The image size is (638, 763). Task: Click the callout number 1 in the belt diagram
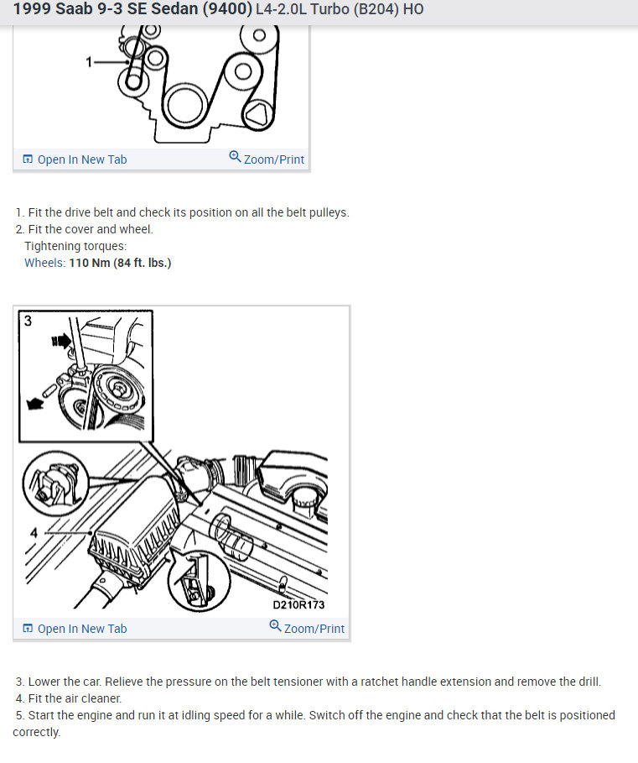(90, 61)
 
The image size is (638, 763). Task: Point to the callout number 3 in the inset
(28, 321)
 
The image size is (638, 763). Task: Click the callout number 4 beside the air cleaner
(34, 531)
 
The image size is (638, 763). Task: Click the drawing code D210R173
(298, 604)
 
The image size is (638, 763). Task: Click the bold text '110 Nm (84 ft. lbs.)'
(120, 263)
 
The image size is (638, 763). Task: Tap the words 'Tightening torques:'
(75, 246)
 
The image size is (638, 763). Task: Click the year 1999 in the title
(31, 10)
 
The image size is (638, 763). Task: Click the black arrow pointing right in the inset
(62, 342)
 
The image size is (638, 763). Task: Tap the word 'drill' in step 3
(586, 682)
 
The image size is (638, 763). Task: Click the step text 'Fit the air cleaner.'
(75, 698)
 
